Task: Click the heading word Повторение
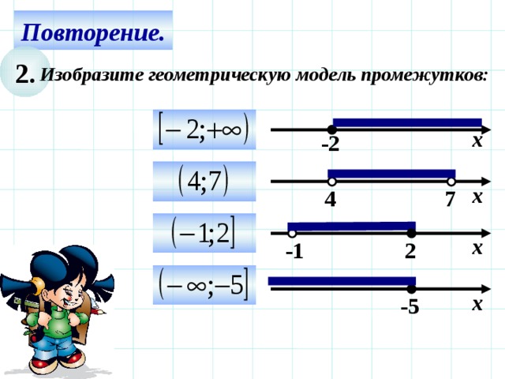pyautogui.click(x=92, y=32)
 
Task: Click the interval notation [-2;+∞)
pyautogui.click(x=204, y=129)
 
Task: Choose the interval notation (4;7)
pyautogui.click(x=204, y=182)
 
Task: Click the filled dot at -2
pyautogui.click(x=333, y=129)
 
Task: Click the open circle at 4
pyautogui.click(x=332, y=182)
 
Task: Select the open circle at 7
pyautogui.click(x=451, y=182)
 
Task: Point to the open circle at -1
pyautogui.click(x=292, y=234)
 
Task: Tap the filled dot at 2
pyautogui.click(x=411, y=234)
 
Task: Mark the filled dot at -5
pyautogui.click(x=411, y=289)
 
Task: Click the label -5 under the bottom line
pyautogui.click(x=410, y=307)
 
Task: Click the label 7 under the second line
pyautogui.click(x=450, y=201)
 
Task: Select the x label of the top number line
pyautogui.click(x=477, y=142)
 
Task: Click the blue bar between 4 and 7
pyautogui.click(x=391, y=174)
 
